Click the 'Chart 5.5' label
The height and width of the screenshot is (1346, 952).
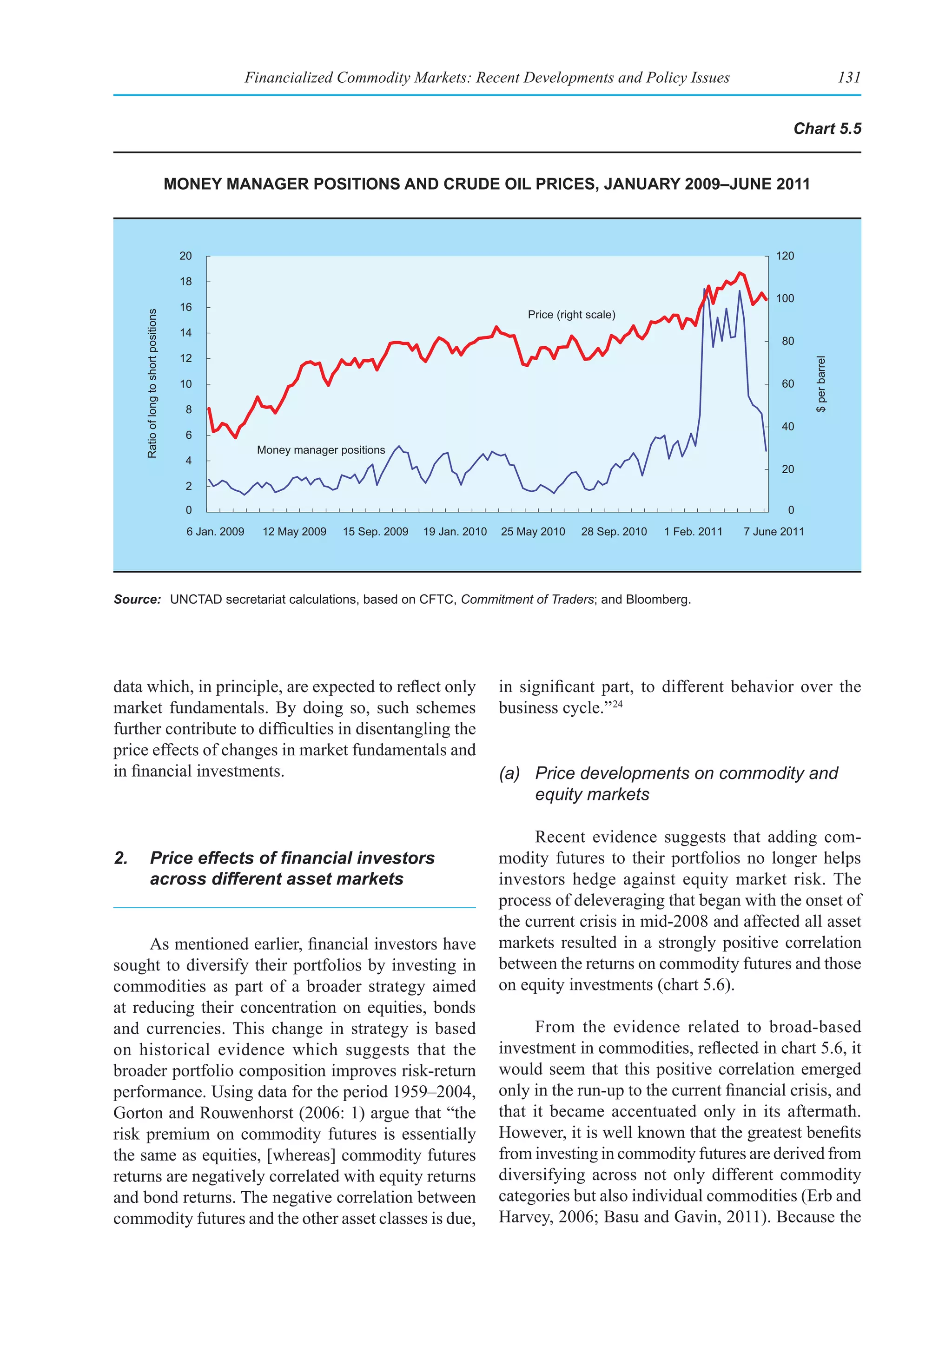coord(826,129)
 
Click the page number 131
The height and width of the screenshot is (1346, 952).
coord(849,77)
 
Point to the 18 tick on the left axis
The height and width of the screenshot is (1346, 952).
coord(186,281)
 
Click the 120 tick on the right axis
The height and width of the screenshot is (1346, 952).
coord(785,256)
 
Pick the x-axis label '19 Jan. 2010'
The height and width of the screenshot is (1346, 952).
coord(455,532)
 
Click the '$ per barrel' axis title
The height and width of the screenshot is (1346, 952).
coord(821,384)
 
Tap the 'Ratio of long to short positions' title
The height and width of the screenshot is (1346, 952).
coord(152,383)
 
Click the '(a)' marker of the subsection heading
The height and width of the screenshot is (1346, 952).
coord(509,773)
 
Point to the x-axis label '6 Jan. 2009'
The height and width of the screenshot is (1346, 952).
coord(215,532)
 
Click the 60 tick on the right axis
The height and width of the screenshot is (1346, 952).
coord(788,384)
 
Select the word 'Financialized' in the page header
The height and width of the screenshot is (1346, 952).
coord(288,77)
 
